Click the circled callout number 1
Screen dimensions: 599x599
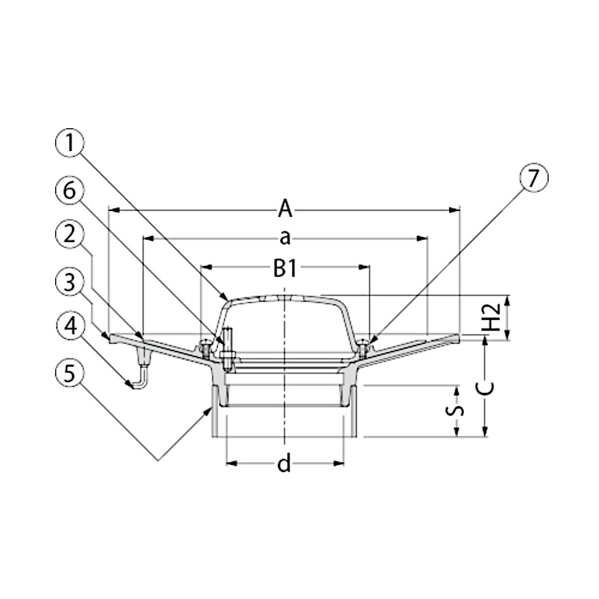point(69,143)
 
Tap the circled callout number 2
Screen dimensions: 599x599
point(69,234)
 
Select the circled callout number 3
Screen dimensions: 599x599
point(69,282)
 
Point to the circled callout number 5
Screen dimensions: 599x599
point(69,373)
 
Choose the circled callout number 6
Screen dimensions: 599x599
point(69,190)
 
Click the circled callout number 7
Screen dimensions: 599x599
point(533,178)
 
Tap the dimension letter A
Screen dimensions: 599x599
point(285,209)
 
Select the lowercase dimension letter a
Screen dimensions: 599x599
point(285,238)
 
